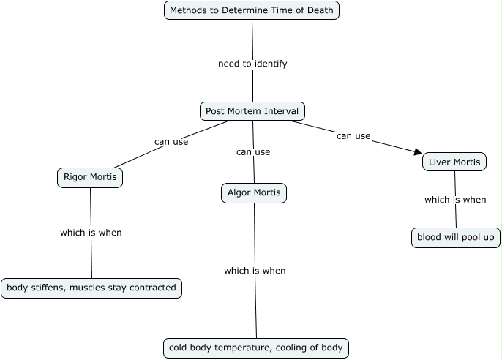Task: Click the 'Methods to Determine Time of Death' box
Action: tap(252, 10)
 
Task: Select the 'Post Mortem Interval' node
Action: tap(252, 111)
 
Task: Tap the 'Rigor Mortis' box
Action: tap(90, 178)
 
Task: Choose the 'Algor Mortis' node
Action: tap(253, 193)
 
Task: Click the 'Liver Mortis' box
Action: tap(454, 162)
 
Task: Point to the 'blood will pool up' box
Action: tap(455, 238)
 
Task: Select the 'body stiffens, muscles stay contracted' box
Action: tap(91, 288)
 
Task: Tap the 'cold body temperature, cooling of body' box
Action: tap(255, 348)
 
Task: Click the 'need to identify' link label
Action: tap(252, 64)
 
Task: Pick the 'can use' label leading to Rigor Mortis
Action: tap(171, 142)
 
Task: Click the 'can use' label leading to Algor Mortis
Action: tap(253, 152)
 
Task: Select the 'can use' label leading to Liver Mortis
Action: tap(353, 135)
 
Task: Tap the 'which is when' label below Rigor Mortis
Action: tap(91, 233)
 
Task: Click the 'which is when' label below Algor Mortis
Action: tap(255, 271)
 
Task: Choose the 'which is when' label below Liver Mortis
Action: tap(455, 200)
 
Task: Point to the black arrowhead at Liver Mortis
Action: tap(418, 152)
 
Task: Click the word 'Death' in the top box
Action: tap(319, 10)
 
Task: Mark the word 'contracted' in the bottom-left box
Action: tap(152, 288)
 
